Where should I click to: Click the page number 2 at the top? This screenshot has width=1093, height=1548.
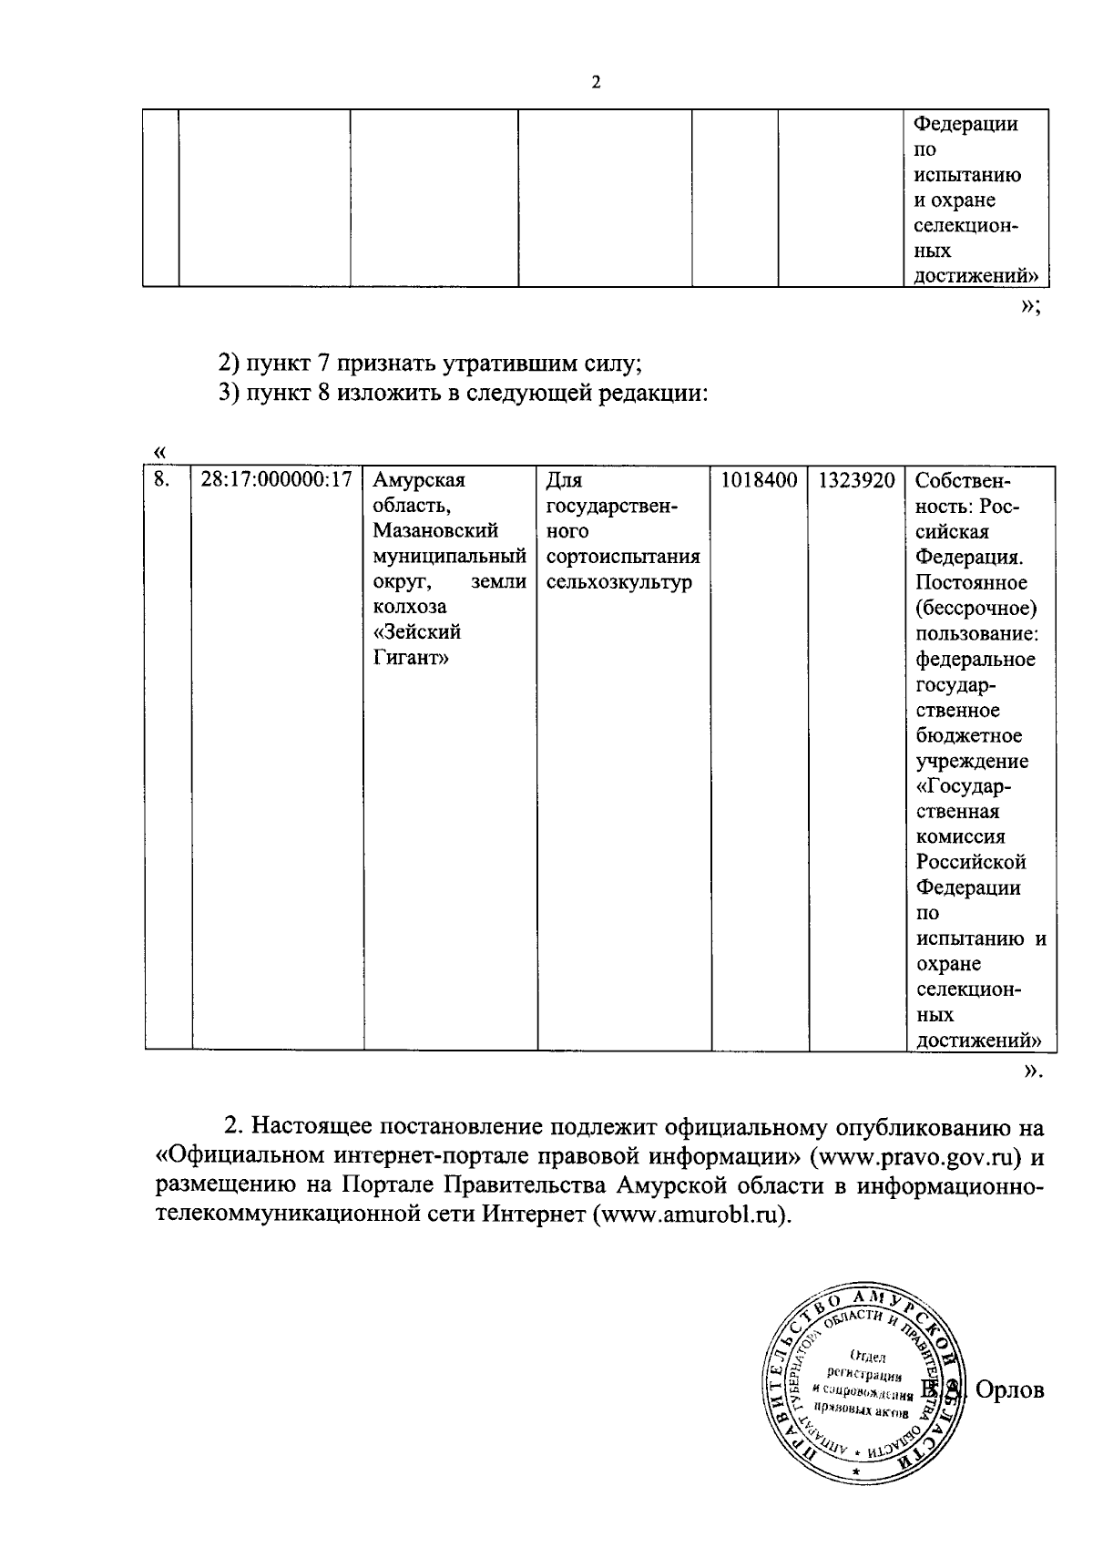point(596,83)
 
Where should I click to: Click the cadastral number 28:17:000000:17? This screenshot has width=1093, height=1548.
point(276,480)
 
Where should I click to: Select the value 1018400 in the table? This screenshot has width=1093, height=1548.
point(759,480)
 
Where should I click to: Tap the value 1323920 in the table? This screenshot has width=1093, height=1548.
point(856,480)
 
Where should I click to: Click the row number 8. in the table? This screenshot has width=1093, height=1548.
point(161,480)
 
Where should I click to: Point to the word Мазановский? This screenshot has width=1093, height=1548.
point(435,531)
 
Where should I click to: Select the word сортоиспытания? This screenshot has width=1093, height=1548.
point(623,557)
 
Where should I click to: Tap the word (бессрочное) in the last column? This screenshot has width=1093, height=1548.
point(976,608)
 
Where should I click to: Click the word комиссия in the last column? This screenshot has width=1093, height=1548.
point(960,836)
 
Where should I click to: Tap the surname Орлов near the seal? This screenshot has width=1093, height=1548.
point(1009,1390)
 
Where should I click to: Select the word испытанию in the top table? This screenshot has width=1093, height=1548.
point(967,175)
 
